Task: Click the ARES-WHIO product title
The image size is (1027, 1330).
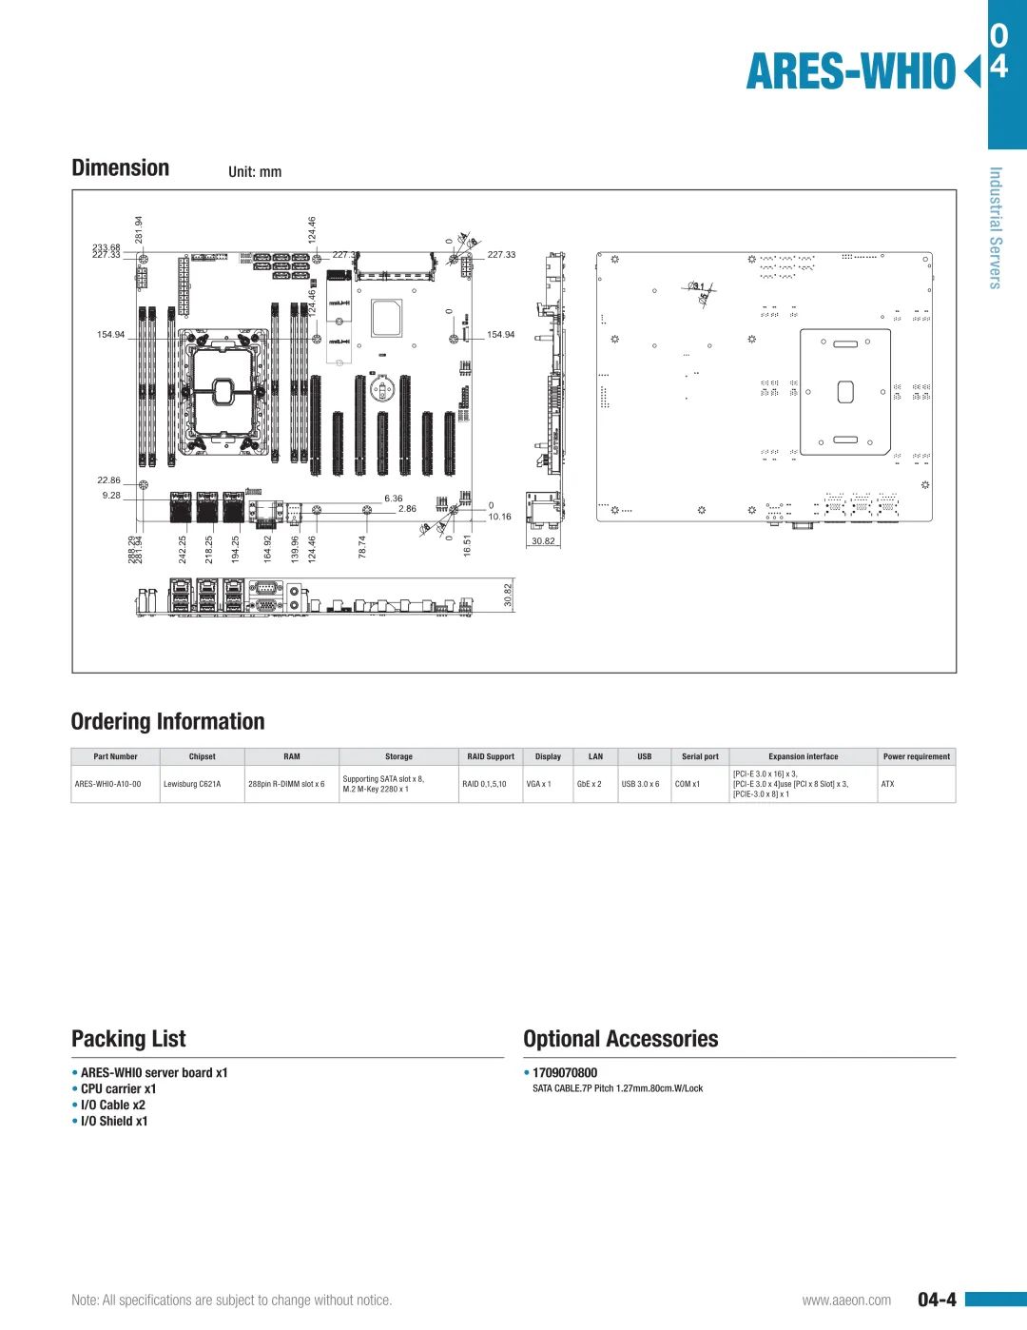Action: pyautogui.click(x=850, y=72)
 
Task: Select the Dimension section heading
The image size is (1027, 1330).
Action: pyautogui.click(x=121, y=168)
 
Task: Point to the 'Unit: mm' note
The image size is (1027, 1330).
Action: pyautogui.click(x=255, y=172)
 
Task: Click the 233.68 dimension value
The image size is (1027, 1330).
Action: pyautogui.click(x=106, y=247)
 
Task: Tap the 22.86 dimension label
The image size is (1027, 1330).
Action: pyautogui.click(x=108, y=480)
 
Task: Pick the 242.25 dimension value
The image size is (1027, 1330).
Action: pyautogui.click(x=183, y=549)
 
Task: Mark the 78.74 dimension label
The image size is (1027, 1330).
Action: pyautogui.click(x=362, y=547)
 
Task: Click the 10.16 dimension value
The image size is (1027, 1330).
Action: pyautogui.click(x=499, y=518)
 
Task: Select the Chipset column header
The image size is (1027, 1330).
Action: pyautogui.click(x=202, y=757)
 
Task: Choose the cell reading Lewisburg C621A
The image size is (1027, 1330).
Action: pyautogui.click(x=192, y=785)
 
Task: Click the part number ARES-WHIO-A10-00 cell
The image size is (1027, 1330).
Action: pyautogui.click(x=107, y=785)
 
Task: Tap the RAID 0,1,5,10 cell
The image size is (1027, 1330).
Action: pyautogui.click(x=484, y=785)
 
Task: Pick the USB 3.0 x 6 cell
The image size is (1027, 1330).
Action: pyautogui.click(x=640, y=785)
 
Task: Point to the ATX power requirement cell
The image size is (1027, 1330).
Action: pyautogui.click(x=887, y=785)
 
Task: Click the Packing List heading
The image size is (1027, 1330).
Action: pyautogui.click(x=128, y=1039)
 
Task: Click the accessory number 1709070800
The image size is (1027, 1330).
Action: pyautogui.click(x=565, y=1073)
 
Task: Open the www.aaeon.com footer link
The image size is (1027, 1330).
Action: pyautogui.click(x=846, y=1301)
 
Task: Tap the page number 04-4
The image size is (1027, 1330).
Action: pyautogui.click(x=937, y=1300)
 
